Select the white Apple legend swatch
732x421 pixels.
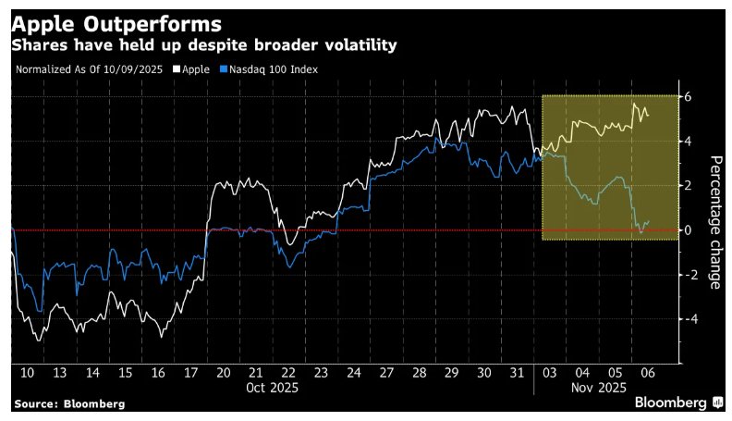click(177, 68)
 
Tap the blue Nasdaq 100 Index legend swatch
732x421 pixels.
click(224, 68)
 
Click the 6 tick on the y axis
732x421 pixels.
click(688, 96)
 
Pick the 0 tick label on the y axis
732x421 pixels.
click(688, 229)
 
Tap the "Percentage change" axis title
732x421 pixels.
click(714, 222)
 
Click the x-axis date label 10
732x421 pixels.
click(26, 372)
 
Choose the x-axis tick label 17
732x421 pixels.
click(190, 372)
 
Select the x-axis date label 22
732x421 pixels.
click(288, 372)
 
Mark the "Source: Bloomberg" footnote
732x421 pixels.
click(69, 404)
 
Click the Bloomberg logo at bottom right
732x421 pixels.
click(678, 403)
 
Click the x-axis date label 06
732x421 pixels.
click(648, 372)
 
